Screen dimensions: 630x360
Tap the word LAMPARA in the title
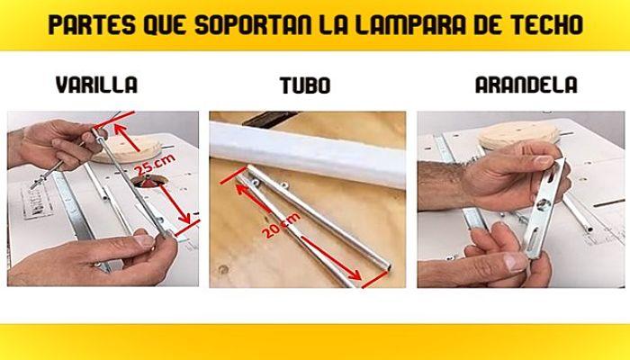(410, 24)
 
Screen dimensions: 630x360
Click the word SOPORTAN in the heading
(253, 24)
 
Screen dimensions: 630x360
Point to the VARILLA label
(96, 85)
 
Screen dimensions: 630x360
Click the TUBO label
(305, 85)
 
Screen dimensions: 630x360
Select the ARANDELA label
(526, 85)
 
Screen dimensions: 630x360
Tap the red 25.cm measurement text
(155, 164)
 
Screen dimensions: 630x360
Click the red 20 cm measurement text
(281, 225)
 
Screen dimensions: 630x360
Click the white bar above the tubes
(308, 154)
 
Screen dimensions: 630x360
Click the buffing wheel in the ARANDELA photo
(518, 134)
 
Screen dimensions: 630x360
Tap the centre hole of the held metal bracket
(544, 205)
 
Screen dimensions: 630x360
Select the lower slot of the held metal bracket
(534, 238)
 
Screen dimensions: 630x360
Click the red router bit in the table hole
(148, 183)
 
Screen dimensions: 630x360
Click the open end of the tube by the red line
(388, 266)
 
